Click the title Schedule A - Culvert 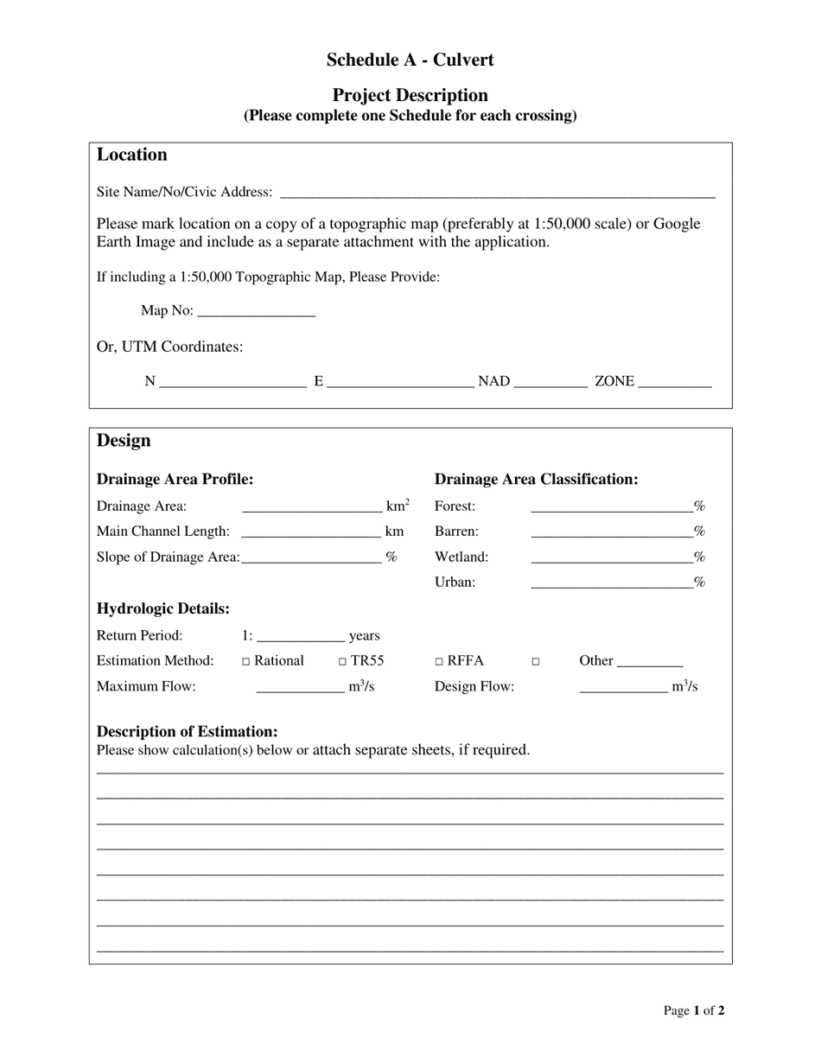(410, 60)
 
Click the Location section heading (131, 155)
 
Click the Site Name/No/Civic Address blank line (498, 193)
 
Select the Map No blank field (256, 312)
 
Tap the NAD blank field (551, 382)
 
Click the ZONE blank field (674, 382)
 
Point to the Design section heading (124, 441)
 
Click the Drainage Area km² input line (312, 507)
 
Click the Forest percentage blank (611, 507)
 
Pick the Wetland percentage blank (611, 558)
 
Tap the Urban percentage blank (611, 583)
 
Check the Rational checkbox (246, 662)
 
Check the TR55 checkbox (343, 662)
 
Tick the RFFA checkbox (439, 662)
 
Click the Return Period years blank (301, 637)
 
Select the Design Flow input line (622, 688)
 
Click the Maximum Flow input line (300, 688)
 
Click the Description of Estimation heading (188, 731)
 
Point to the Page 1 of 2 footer (694, 1010)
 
